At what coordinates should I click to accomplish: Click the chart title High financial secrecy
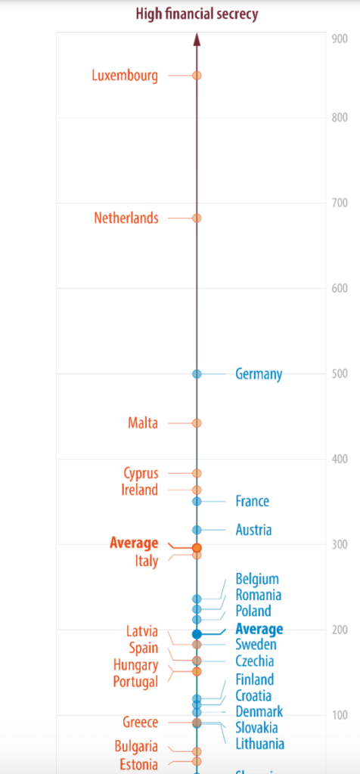196,13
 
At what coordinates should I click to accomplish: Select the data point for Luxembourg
197,76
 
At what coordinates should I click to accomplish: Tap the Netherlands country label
126,218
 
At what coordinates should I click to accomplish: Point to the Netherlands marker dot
197,218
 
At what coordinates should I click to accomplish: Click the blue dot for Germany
197,373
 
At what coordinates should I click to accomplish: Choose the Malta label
143,423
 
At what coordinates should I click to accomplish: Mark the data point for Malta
197,423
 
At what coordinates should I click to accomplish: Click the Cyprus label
141,473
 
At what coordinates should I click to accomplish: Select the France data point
197,501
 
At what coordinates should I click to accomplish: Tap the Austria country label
253,530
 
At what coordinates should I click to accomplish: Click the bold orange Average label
134,543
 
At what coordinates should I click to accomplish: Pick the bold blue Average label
259,629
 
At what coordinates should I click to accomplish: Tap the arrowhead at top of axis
197,39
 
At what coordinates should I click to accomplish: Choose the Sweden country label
256,645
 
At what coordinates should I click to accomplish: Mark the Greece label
141,722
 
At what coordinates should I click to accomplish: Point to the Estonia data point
197,761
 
